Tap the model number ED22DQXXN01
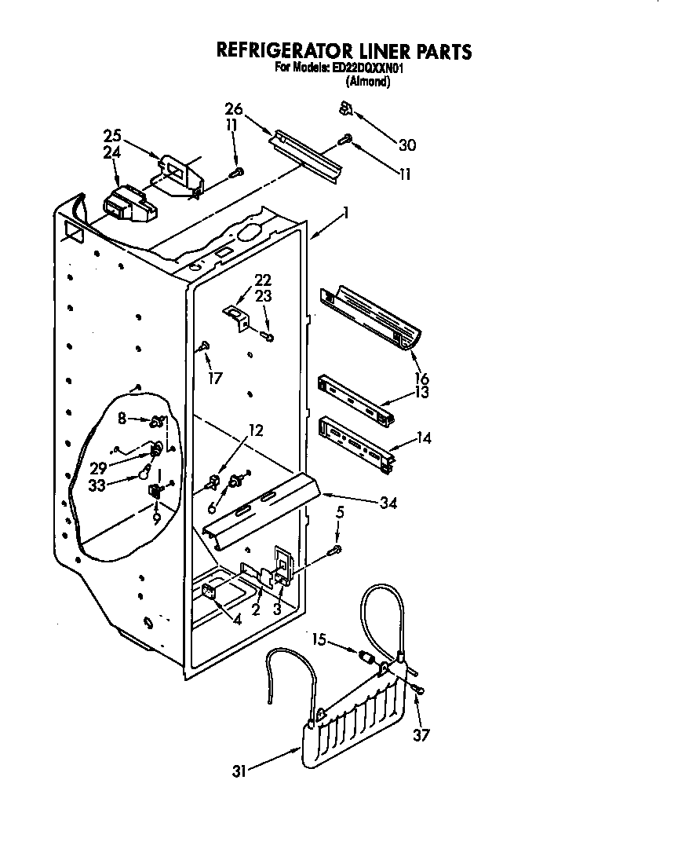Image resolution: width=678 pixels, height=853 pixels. (368, 68)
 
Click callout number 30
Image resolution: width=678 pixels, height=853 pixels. (406, 145)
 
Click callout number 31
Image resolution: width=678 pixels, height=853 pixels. (239, 771)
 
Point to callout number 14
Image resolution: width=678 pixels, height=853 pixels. (424, 438)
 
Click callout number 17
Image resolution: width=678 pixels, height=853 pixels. (215, 378)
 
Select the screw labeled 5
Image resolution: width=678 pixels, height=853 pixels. (337, 549)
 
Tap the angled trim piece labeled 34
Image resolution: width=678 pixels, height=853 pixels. (259, 514)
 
